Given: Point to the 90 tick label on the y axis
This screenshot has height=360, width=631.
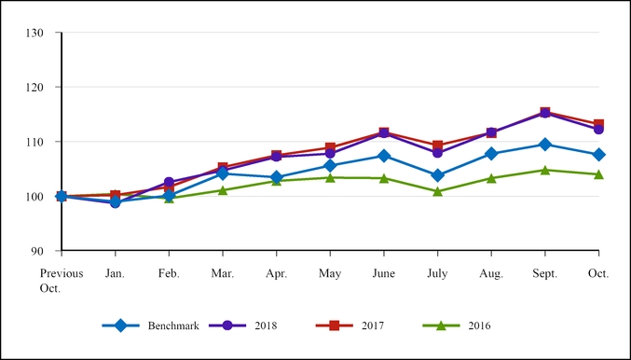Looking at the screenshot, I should click(x=38, y=251).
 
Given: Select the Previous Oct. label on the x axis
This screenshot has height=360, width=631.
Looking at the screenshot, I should click(x=62, y=281).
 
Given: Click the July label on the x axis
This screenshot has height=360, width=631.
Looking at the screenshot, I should click(x=437, y=273).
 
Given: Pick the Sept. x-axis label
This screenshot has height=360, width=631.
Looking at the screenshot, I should click(x=545, y=273).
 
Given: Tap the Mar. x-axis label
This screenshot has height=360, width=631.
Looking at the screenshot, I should click(x=223, y=273).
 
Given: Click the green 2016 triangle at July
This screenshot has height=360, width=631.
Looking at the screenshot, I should click(x=437, y=191).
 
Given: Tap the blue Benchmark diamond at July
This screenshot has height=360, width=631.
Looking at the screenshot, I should click(x=437, y=175).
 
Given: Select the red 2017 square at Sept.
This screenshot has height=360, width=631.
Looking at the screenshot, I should click(x=545, y=113).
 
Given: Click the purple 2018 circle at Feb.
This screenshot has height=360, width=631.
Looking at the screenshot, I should click(x=169, y=182).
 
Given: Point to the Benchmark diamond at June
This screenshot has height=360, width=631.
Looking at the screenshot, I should click(x=384, y=156).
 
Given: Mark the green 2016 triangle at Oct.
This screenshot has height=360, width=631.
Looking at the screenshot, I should click(x=598, y=174).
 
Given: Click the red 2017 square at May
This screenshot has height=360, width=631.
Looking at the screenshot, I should click(x=330, y=147).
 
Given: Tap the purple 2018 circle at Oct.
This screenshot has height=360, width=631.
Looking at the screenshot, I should click(x=598, y=130).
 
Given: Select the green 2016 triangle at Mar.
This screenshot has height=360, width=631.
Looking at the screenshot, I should click(x=223, y=189).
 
